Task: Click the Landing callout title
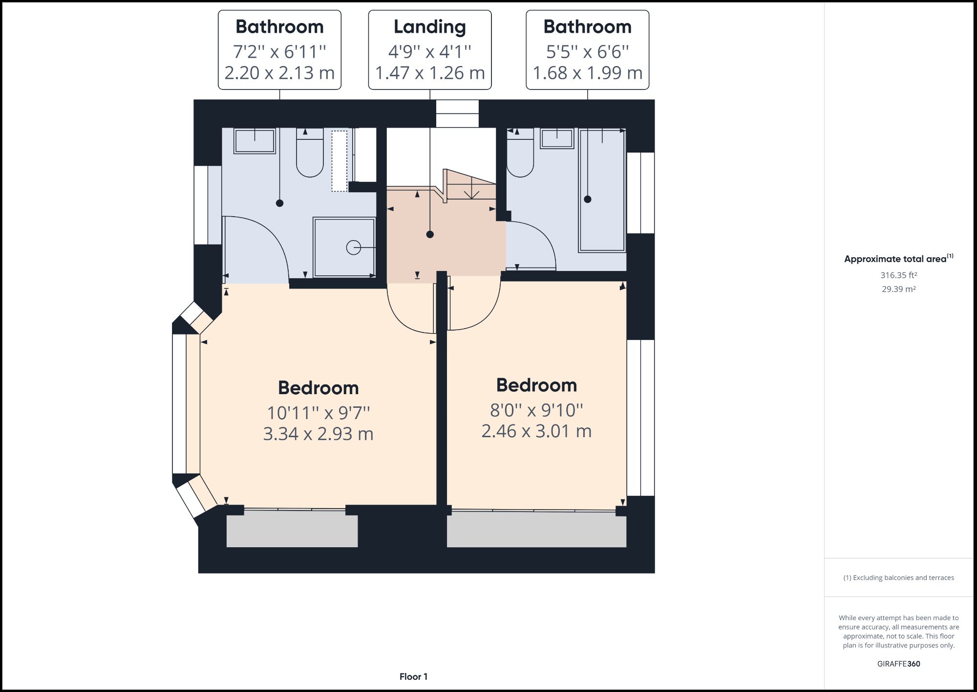tap(429, 27)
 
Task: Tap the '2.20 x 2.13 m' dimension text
tap(279, 73)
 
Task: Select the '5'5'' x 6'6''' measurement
tap(587, 51)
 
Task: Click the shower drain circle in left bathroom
tap(353, 248)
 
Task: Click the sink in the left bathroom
tap(254, 141)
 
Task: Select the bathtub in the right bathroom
tap(602, 191)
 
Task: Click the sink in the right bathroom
tap(557, 138)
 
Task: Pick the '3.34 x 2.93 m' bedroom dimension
tap(318, 434)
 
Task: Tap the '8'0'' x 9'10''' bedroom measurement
tap(536, 410)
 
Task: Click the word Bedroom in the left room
tap(318, 388)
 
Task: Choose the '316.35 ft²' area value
tap(898, 275)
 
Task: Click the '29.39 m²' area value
tap(898, 289)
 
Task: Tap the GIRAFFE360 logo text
tap(898, 664)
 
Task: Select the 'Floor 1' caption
tap(413, 677)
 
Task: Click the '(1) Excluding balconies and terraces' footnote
tap(898, 578)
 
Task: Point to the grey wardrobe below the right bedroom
tap(536, 530)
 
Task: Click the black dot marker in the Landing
tap(430, 234)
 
